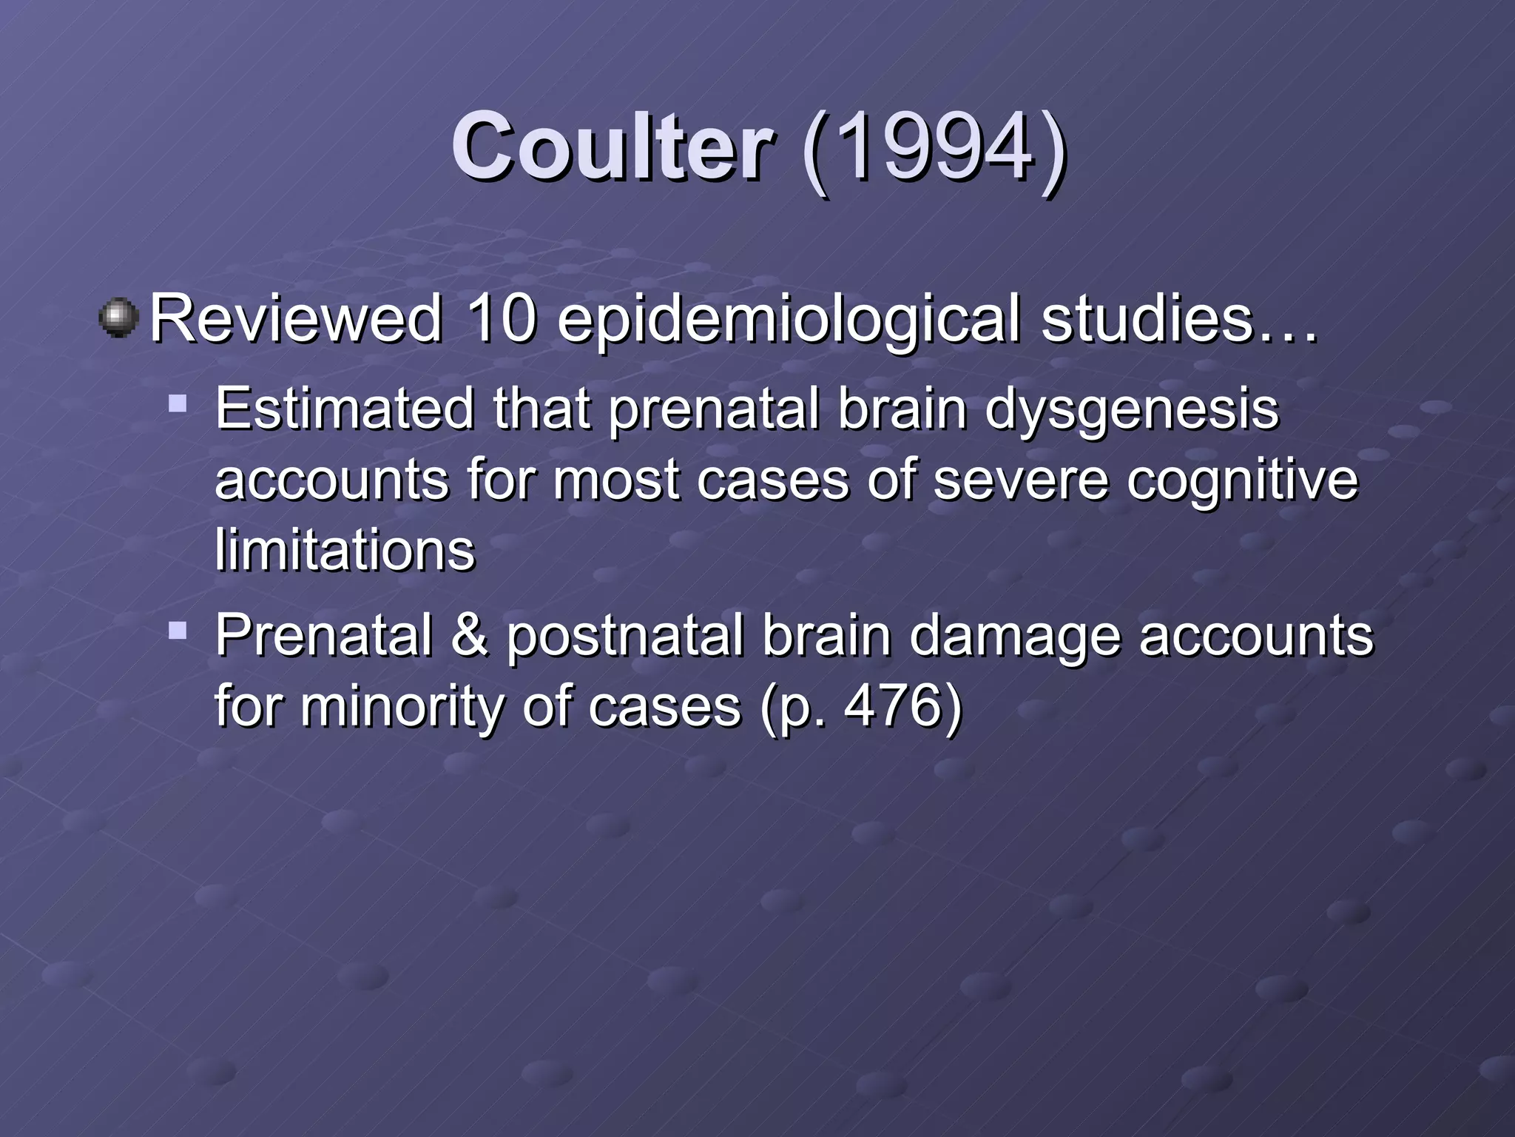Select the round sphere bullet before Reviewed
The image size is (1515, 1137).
point(118,318)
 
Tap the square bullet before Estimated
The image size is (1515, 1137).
point(178,404)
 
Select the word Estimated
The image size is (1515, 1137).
point(344,409)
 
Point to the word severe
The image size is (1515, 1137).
point(1021,480)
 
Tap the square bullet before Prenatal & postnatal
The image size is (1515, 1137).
point(178,631)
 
